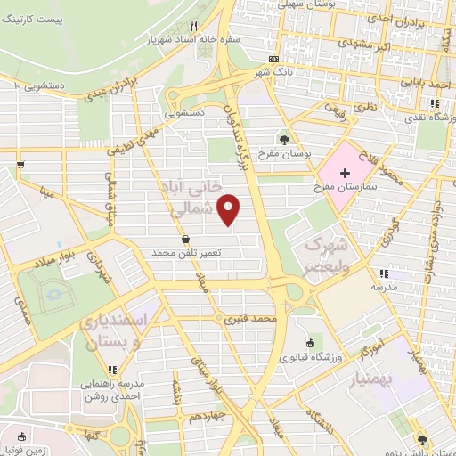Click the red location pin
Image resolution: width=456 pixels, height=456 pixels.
point(229,210)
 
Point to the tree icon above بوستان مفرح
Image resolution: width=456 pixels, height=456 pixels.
point(284,139)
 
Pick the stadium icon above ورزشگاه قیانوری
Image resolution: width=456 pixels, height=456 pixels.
point(309,344)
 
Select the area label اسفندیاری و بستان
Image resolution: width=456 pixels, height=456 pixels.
point(110,333)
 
